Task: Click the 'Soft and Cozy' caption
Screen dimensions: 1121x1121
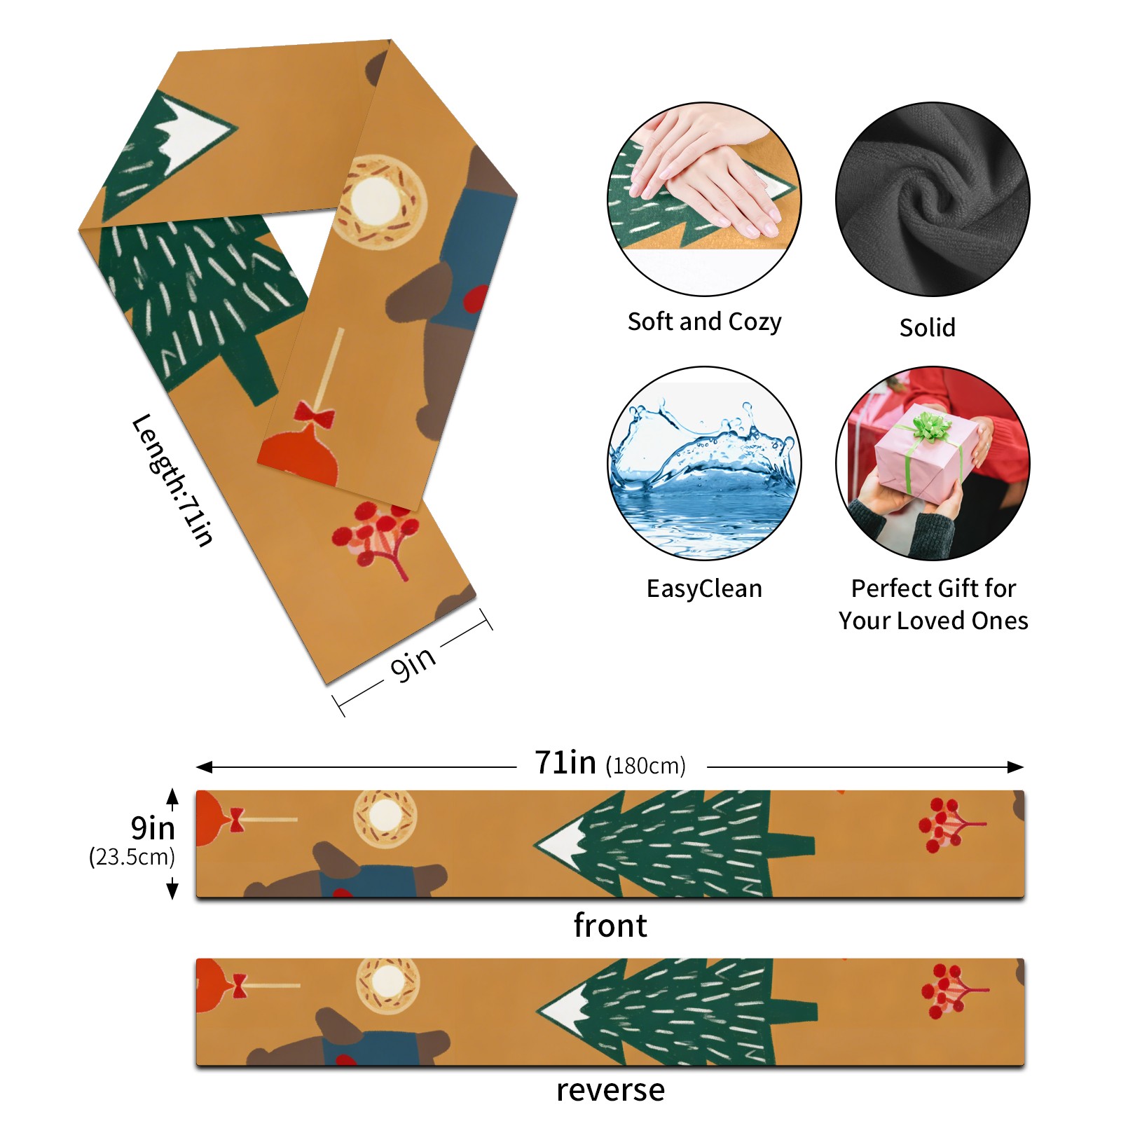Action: (x=704, y=322)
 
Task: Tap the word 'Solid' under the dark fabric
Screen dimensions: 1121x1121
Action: (x=927, y=327)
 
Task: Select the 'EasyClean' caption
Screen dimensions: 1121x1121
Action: (x=704, y=589)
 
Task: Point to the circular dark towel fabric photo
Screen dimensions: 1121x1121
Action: (x=933, y=199)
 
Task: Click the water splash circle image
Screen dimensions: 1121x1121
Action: (x=704, y=463)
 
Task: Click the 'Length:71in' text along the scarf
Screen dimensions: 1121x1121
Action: (x=172, y=480)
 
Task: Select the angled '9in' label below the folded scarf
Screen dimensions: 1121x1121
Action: (x=413, y=662)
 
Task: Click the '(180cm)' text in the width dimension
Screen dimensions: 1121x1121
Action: (x=645, y=766)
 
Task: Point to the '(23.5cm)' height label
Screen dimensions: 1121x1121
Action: (x=132, y=857)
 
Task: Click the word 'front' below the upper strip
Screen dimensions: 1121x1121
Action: (x=610, y=926)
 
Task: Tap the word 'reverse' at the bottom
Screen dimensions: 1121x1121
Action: (x=610, y=1090)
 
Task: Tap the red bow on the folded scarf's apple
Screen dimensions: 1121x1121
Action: (x=314, y=415)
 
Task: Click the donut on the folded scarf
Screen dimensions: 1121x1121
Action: (x=378, y=201)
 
